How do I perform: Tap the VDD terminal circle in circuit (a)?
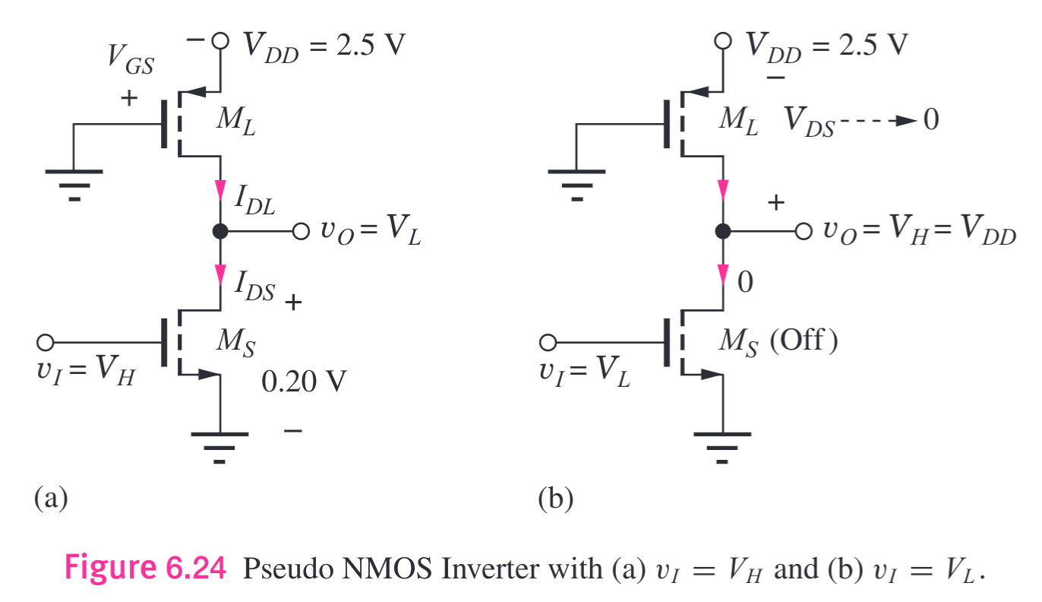tap(220, 42)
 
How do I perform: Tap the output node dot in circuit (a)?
tap(220, 232)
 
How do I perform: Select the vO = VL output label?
tap(370, 233)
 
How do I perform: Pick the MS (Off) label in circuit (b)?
tap(778, 342)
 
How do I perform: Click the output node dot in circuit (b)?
tap(723, 232)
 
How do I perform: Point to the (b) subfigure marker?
tap(555, 499)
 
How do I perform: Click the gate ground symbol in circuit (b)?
tap(576, 180)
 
